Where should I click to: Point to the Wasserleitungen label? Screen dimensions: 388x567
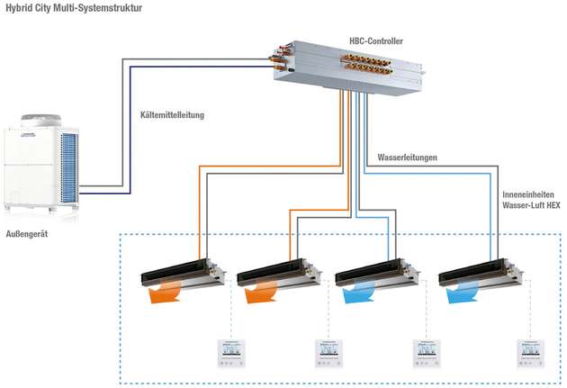click(407, 158)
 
